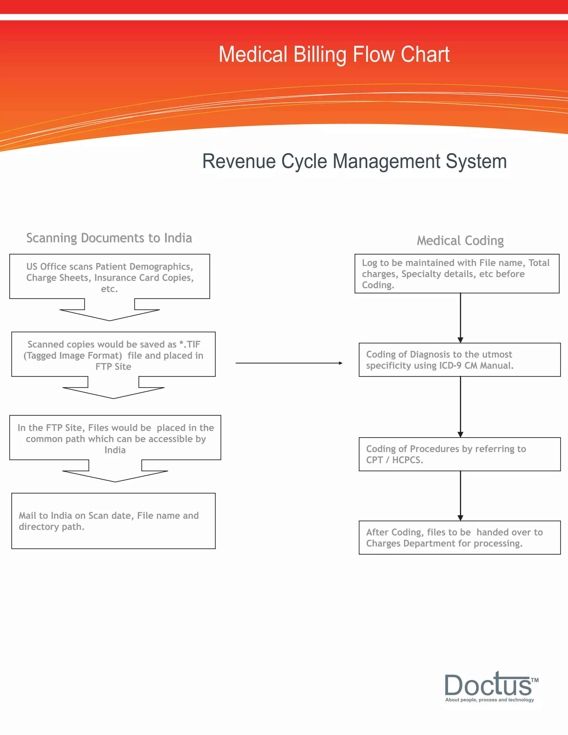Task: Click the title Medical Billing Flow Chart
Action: click(334, 55)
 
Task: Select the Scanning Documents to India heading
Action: click(109, 238)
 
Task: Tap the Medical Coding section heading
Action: click(460, 241)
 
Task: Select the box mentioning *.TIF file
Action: click(113, 355)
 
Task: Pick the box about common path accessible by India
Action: click(115, 438)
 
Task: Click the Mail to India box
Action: click(113, 521)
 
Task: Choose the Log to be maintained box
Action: click(457, 273)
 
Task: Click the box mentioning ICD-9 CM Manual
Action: click(459, 360)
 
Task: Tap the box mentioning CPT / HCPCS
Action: click(459, 454)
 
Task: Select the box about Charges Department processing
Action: click(459, 538)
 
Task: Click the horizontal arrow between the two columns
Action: click(289, 363)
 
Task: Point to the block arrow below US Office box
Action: click(110, 311)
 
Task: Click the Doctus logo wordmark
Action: click(488, 685)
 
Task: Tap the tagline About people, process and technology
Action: click(489, 700)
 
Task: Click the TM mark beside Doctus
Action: click(535, 680)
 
